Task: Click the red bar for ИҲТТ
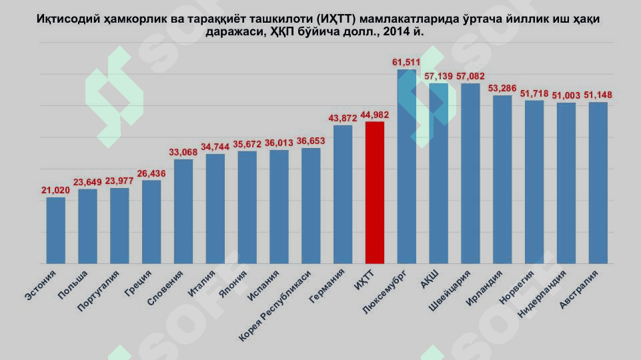pyautogui.click(x=375, y=193)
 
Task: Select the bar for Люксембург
pyautogui.click(x=407, y=167)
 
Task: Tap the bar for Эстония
pyautogui.click(x=56, y=230)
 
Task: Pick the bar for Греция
pyautogui.click(x=151, y=221)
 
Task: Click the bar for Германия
pyautogui.click(x=343, y=194)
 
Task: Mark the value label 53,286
pyautogui.click(x=503, y=88)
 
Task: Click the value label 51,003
pyautogui.click(x=566, y=95)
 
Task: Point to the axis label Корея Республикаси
pyautogui.click(x=277, y=306)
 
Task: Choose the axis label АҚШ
pyautogui.click(x=430, y=279)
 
